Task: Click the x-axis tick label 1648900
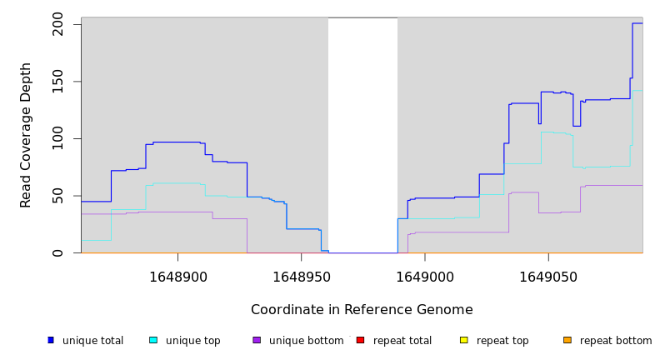point(177,277)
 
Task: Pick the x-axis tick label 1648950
point(301,277)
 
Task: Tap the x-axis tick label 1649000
point(424,277)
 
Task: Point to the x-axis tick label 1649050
point(547,277)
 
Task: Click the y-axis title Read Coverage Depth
point(27,135)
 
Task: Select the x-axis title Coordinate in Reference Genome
point(362,310)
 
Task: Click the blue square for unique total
point(51,340)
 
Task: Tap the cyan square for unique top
point(153,340)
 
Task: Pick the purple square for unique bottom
point(257,340)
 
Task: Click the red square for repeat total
point(360,340)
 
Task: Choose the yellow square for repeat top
point(463,340)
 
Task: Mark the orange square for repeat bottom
point(567,340)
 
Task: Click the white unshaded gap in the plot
point(362,133)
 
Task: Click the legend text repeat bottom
point(616,341)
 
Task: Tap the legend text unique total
point(92,341)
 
